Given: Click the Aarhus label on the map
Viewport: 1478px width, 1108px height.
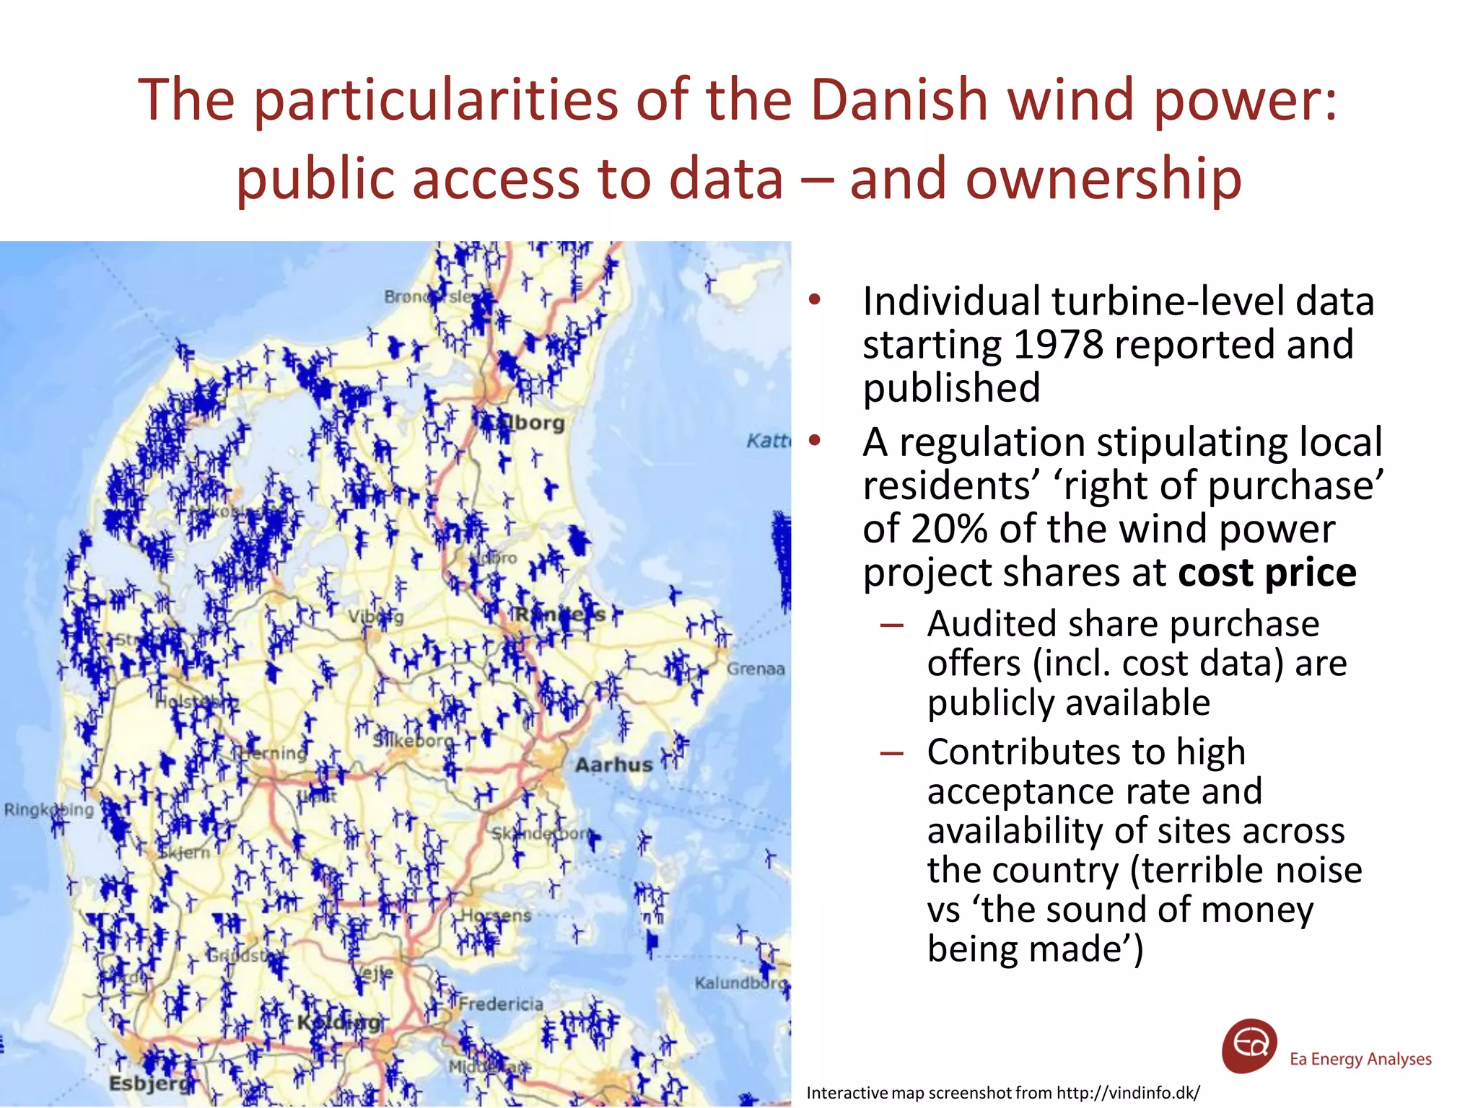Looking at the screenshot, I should (x=613, y=765).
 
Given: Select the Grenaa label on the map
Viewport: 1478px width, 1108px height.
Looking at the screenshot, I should (x=755, y=669).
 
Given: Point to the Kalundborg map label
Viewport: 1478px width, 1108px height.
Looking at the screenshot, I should (x=740, y=983).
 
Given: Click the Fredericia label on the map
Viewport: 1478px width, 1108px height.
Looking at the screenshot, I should (x=500, y=1003).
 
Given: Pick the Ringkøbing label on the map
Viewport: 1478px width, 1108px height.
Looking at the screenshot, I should (x=49, y=809).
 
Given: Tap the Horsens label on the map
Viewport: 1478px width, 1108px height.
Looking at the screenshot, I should (x=496, y=915).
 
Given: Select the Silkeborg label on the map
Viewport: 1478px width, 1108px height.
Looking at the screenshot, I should (x=413, y=740).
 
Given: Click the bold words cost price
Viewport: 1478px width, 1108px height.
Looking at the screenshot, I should (x=1267, y=573).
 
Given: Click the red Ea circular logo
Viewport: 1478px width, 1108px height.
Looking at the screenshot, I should (x=1249, y=1046).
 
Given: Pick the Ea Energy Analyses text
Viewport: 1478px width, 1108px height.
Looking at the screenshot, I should (x=1360, y=1059).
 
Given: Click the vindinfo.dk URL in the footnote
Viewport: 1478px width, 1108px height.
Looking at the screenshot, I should (x=1128, y=1093).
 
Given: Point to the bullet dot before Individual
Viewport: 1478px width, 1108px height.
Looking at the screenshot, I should (x=815, y=300).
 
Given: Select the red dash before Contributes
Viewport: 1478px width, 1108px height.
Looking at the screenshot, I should (x=892, y=753).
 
